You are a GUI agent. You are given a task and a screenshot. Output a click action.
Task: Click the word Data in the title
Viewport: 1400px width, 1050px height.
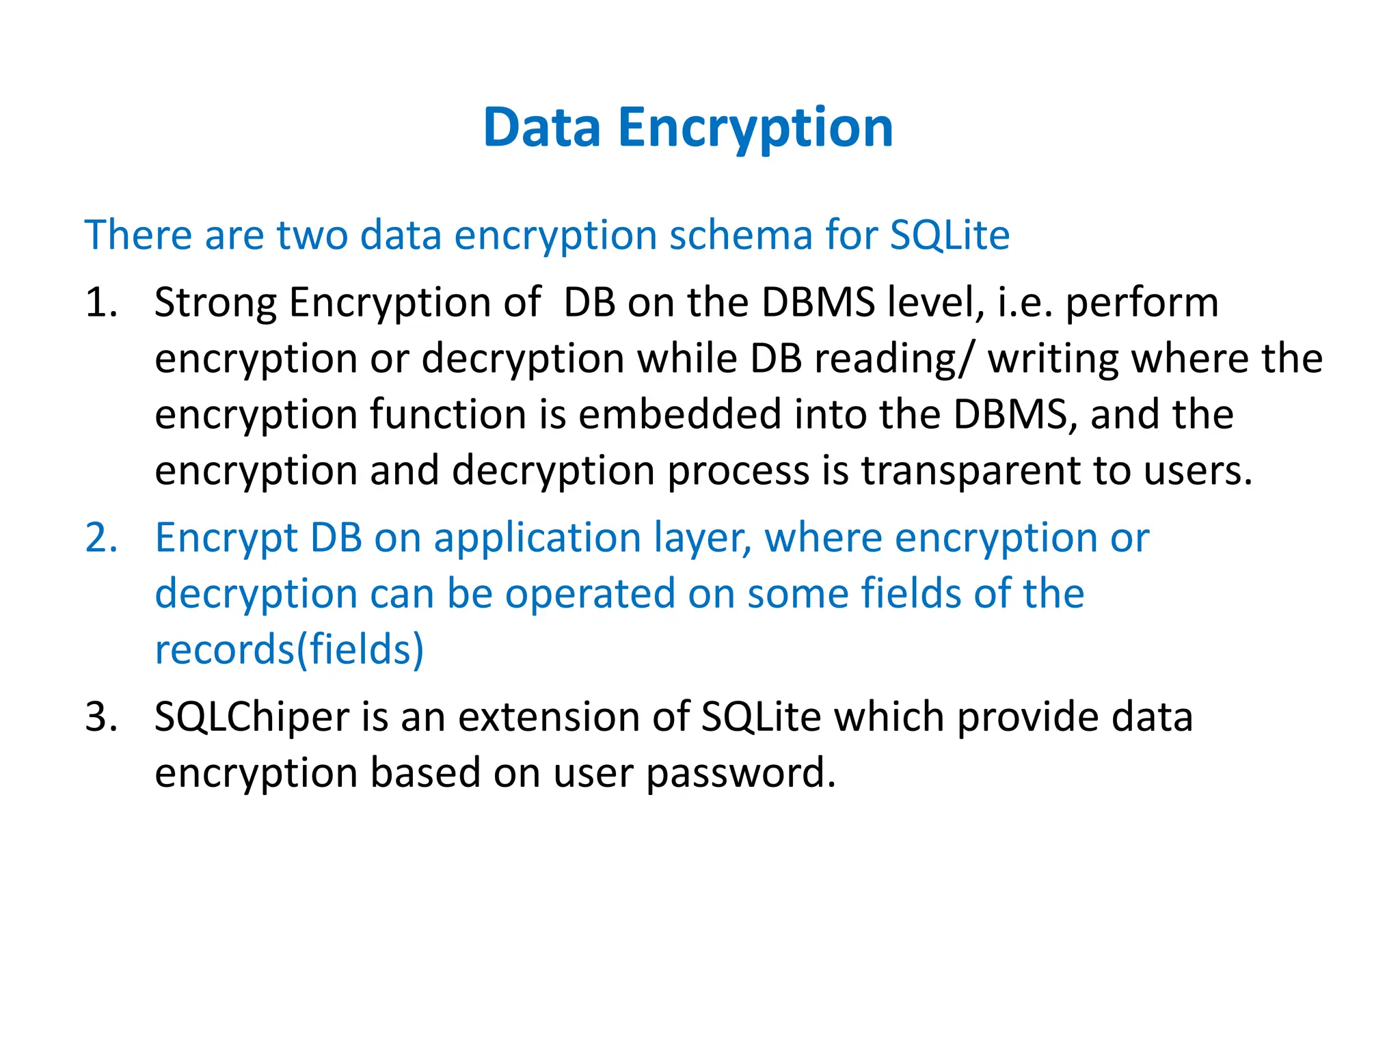pyautogui.click(x=541, y=128)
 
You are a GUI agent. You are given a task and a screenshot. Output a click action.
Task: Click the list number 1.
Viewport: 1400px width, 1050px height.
pyautogui.click(x=100, y=302)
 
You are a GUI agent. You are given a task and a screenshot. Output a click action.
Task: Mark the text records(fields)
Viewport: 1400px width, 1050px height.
pyautogui.click(x=289, y=650)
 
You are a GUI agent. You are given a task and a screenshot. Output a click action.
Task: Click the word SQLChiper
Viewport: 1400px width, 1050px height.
pyautogui.click(x=252, y=718)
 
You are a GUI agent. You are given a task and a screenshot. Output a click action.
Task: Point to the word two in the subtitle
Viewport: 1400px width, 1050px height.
pyautogui.click(x=312, y=235)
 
